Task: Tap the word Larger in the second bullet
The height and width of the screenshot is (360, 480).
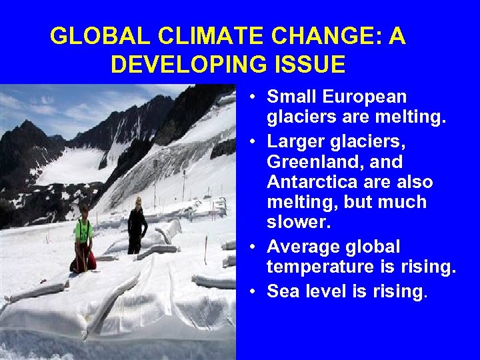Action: (x=297, y=142)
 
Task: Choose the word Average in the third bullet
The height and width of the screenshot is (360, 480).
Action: (x=304, y=247)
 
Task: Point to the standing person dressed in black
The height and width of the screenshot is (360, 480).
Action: (x=137, y=223)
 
